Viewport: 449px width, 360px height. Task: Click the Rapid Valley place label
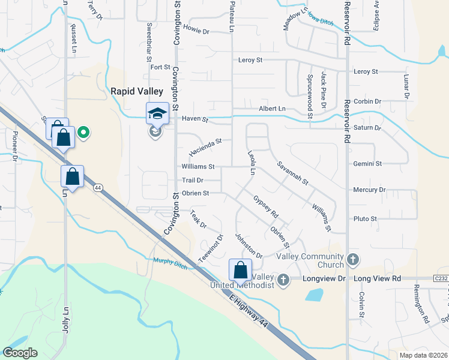point(137,91)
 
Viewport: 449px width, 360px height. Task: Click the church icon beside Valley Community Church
point(353,260)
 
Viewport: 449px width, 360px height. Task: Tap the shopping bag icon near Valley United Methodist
point(240,270)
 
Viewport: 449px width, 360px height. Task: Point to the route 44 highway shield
point(97,188)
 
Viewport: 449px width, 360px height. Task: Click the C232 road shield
point(441,278)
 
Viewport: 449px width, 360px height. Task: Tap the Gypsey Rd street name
point(266,206)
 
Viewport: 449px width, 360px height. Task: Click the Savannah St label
point(292,173)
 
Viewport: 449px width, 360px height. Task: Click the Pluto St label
point(365,219)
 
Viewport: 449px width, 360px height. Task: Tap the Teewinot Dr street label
point(211,247)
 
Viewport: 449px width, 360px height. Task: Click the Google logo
point(20,353)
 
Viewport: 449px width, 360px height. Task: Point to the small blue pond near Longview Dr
point(313,295)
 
